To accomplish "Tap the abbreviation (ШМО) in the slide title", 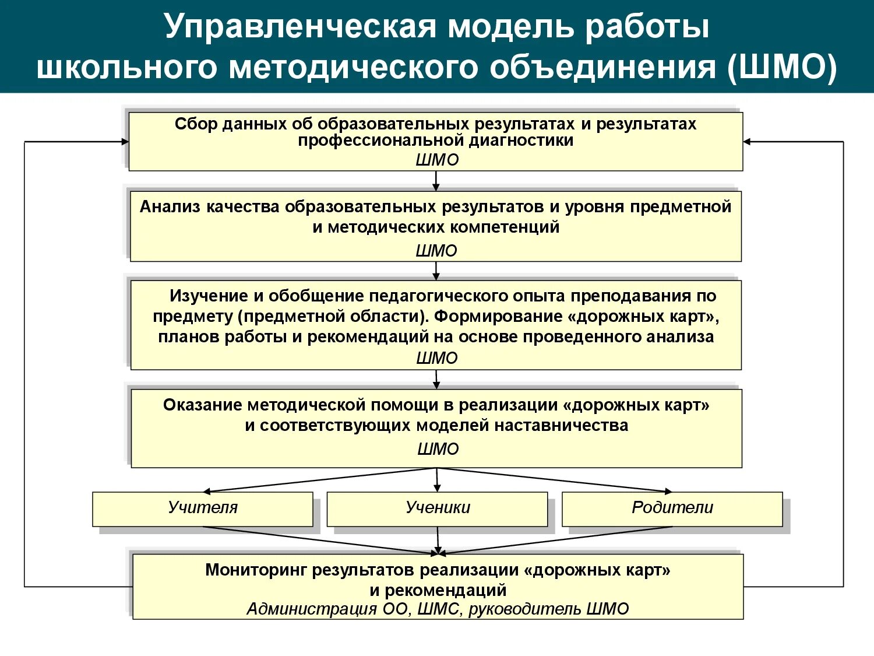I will pos(781,67).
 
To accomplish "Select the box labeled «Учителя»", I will pos(203,508).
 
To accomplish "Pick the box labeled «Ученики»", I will pos(438,508).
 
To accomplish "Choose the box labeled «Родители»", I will pos(672,508).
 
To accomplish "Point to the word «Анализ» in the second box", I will pos(170,207).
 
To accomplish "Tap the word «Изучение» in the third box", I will pos(209,296).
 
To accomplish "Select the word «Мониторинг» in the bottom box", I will pos(256,570).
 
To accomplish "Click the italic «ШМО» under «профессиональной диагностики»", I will pos(437,160).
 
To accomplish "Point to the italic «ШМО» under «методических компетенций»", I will pos(436,251).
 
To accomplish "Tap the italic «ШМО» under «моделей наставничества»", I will pos(438,449).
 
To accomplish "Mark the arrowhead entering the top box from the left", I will pos(125,142).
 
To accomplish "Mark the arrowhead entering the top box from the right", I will pos(747,142).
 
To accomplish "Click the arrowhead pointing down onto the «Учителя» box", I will pos(207,491).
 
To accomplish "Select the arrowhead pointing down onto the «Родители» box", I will pos(668,491).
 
